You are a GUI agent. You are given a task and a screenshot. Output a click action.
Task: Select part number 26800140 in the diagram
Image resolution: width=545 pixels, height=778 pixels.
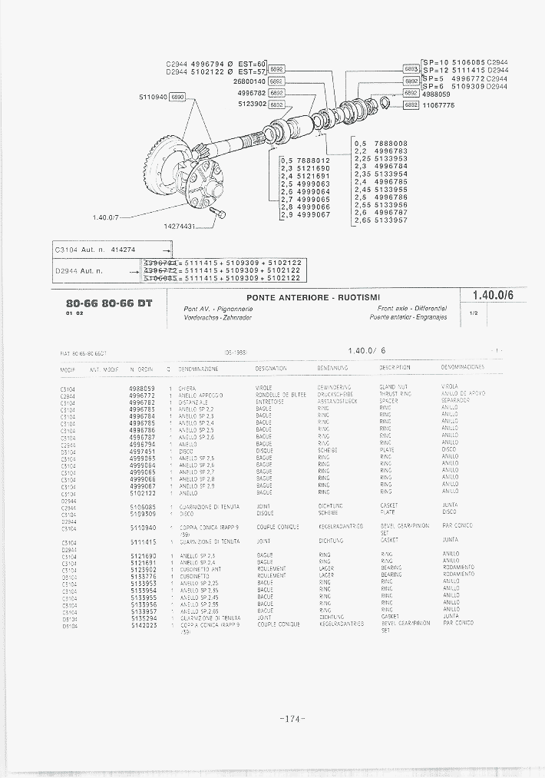coord(249,81)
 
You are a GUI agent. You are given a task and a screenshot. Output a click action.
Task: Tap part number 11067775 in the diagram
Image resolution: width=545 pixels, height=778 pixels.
coord(438,105)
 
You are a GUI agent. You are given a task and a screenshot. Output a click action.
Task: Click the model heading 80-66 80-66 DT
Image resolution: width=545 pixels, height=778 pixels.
coord(109,303)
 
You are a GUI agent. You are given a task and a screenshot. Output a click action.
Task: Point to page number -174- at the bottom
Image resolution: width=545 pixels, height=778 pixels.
coord(293,719)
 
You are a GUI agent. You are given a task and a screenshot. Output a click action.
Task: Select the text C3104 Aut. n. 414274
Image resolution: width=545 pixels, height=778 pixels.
coord(96,250)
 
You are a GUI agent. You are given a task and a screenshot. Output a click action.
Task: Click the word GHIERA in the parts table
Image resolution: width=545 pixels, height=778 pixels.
coord(187,389)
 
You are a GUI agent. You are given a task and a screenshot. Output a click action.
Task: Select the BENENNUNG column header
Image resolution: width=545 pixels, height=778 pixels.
coord(333,369)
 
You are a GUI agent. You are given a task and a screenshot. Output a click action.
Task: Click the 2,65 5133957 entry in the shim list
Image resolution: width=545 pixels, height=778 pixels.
coord(381,220)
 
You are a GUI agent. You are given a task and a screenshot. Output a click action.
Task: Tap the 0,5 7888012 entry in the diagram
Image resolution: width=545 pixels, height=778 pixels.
coord(306,161)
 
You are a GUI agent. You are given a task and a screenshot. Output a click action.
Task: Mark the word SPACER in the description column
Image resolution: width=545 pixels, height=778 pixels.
coord(388,402)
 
